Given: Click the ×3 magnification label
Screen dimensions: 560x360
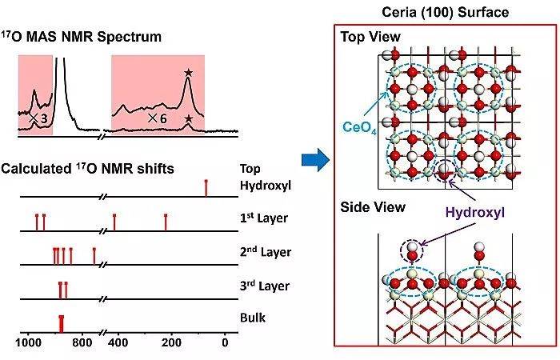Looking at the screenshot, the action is [x=38, y=118].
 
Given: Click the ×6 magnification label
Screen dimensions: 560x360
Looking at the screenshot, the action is [x=157, y=118].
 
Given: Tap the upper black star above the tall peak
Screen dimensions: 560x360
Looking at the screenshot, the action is [x=188, y=73].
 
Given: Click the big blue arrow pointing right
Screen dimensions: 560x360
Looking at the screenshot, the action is [x=315, y=160].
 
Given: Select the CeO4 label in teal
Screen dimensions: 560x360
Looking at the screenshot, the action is [x=359, y=128].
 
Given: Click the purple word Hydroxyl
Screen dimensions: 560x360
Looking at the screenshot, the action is [x=474, y=212].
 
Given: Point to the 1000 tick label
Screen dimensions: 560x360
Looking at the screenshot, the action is [x=28, y=342].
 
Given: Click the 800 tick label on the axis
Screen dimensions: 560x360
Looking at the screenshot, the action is [x=82, y=342].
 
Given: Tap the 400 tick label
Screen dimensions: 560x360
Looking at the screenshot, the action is [x=118, y=342].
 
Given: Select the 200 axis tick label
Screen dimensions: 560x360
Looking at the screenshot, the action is [x=171, y=342].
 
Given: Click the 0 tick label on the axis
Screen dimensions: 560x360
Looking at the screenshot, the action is [x=225, y=342].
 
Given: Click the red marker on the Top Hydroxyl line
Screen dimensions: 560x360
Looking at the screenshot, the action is [x=206, y=188].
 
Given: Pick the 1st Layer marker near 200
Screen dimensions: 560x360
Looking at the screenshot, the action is [x=166, y=222].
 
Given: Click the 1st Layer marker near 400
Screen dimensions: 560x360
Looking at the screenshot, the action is [x=114, y=222].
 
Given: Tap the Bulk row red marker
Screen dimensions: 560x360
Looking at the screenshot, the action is [x=62, y=324].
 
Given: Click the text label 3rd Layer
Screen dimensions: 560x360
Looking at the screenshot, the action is [x=264, y=286].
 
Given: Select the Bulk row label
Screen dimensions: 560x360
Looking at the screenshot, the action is [x=253, y=318].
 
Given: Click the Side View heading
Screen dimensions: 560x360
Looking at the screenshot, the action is [x=373, y=207].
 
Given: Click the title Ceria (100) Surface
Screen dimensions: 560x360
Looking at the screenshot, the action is [x=446, y=12].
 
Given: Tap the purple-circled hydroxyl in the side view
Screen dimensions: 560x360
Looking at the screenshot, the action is [x=412, y=251].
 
